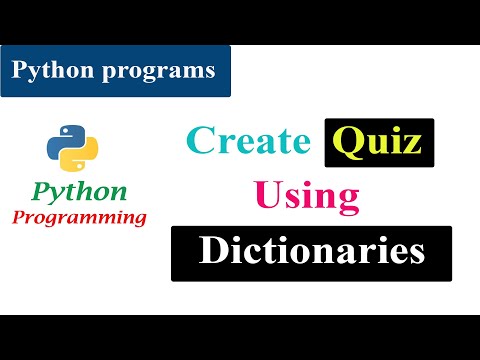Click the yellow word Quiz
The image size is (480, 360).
point(380,142)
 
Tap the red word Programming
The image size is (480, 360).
point(81,216)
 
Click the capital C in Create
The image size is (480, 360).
point(201,141)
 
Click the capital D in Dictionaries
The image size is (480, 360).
point(214,250)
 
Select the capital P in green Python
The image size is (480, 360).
point(43,191)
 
